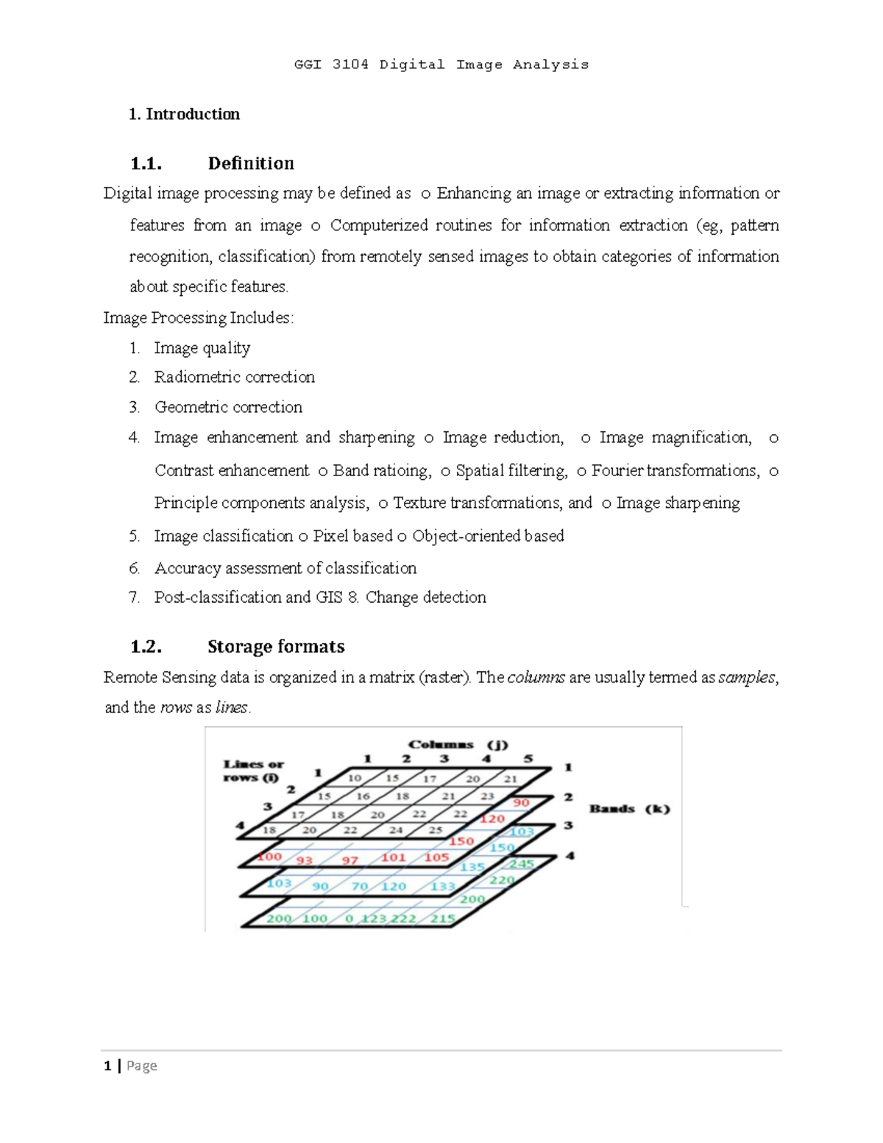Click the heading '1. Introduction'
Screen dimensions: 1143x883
[x=184, y=114]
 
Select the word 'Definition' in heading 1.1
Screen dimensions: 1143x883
[x=251, y=163]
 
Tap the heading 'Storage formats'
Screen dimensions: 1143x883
[x=276, y=646]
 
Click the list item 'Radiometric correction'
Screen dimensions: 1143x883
[x=234, y=377]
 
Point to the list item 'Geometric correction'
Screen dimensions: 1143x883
[x=228, y=407]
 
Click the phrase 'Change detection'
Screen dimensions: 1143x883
[x=425, y=597]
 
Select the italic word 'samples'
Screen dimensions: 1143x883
[x=746, y=677]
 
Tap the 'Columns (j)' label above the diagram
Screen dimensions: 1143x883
[x=458, y=744]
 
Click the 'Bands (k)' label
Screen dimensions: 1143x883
[x=629, y=809]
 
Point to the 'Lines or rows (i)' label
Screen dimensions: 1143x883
[x=253, y=771]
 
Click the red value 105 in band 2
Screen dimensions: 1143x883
[x=436, y=857]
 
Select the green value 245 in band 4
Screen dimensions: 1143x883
[x=522, y=863]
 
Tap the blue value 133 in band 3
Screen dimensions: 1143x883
[x=443, y=886]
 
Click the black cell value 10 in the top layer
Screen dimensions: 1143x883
[x=355, y=778]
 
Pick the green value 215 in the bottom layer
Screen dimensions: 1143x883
[x=443, y=919]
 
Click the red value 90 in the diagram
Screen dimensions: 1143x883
[x=521, y=802]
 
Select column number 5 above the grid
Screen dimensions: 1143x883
[x=528, y=759]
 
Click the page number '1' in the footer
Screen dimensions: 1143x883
[x=108, y=1066]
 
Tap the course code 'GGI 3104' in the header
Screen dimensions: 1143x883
[x=331, y=65]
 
